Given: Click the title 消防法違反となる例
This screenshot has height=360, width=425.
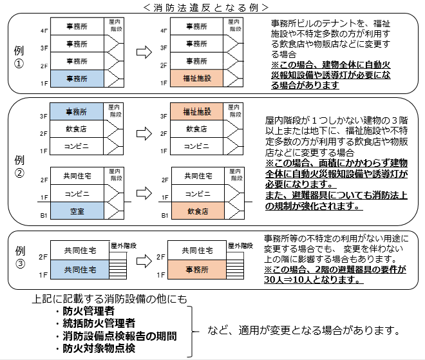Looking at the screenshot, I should pos(212,7).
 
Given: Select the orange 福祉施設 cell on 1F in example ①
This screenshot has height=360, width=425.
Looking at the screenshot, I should pos(198,79).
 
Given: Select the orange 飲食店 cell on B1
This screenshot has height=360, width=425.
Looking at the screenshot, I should pos(198,211).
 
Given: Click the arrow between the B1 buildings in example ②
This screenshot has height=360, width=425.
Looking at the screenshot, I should pos(144,193).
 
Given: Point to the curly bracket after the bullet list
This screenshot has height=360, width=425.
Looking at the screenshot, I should pos(192,330).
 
